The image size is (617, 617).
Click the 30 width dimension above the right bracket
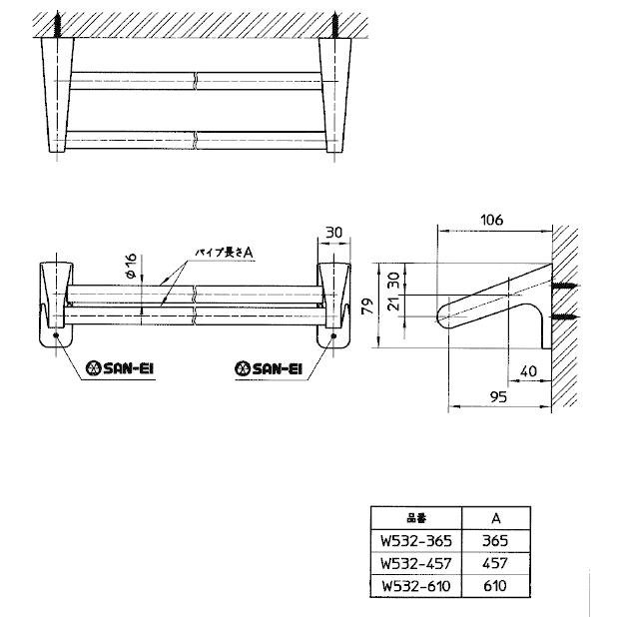click(x=333, y=233)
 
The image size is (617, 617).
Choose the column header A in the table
click(x=495, y=519)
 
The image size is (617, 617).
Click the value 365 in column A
click(x=495, y=540)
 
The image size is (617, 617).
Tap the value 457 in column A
click(x=495, y=563)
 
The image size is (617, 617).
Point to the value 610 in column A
click(x=495, y=586)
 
